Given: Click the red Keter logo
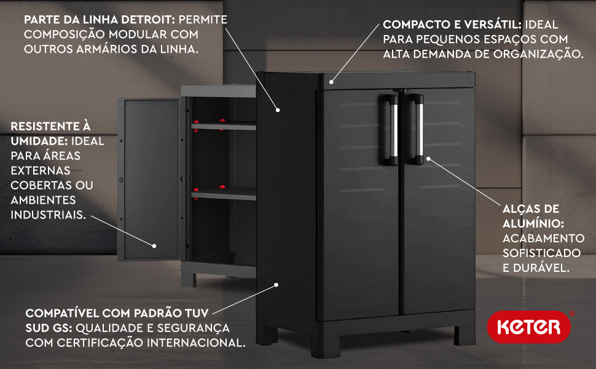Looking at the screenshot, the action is coord(529,327).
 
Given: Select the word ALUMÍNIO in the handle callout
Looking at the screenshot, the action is coord(533,223).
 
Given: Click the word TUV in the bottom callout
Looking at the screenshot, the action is coord(197,313).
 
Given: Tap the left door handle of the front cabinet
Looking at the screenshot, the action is coord(388,130).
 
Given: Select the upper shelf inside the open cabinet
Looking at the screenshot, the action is coord(224,125).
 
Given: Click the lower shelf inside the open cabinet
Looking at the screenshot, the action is coord(224,194).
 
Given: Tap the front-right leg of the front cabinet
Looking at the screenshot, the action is coord(465,335).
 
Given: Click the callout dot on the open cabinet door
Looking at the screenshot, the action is coord(154,246).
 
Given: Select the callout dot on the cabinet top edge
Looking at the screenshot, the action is coord(331,82).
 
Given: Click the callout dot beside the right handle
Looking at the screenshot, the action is coord(428,159).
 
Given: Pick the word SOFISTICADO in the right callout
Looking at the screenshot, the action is coord(542,253).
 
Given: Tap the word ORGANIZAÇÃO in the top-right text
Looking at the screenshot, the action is coord(538,54).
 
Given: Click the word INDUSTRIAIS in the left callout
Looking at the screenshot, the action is coord(48,215).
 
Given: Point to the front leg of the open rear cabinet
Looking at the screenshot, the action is coord(189,280).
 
